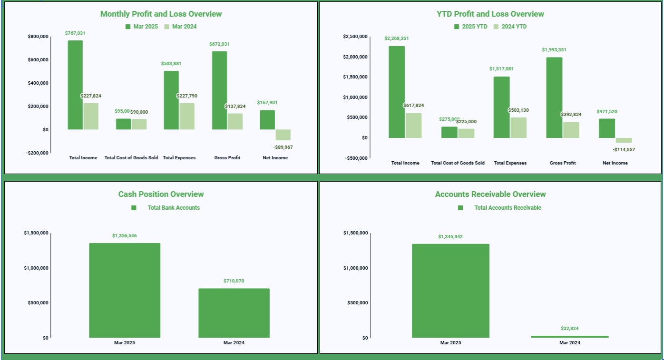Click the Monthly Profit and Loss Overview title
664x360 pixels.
(x=161, y=14)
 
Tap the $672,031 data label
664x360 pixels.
(x=219, y=44)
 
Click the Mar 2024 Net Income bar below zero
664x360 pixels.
(x=283, y=135)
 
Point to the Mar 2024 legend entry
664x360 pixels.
(x=180, y=27)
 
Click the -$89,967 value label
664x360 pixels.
(x=283, y=147)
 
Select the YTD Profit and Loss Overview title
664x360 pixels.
(x=490, y=14)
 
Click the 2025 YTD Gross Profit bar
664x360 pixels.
(x=554, y=97)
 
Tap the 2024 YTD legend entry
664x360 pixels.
(x=510, y=27)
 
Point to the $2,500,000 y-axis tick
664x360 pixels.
(x=355, y=37)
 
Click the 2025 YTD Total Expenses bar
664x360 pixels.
(x=501, y=107)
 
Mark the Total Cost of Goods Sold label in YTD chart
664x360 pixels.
(x=458, y=163)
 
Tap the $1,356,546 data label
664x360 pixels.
(x=125, y=236)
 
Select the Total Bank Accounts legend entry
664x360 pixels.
(x=173, y=208)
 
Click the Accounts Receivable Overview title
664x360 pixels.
(x=490, y=195)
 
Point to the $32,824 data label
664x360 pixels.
(x=569, y=329)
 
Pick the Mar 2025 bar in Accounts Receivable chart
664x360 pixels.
(x=450, y=291)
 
